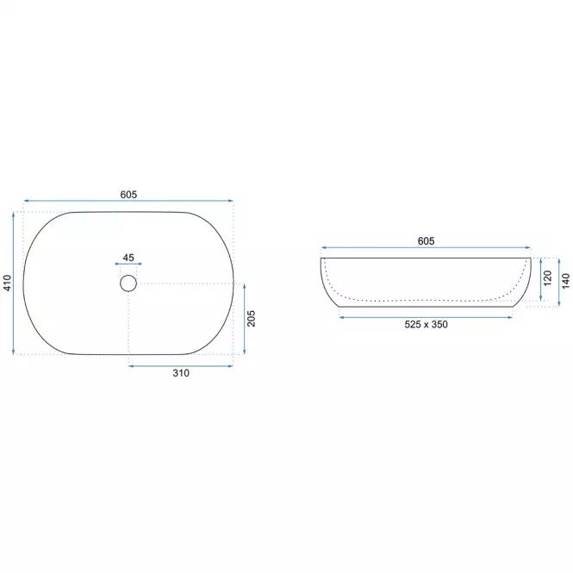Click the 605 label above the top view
point(128,195)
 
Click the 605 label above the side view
point(427,241)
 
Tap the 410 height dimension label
point(7,283)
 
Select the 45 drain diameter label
point(128,258)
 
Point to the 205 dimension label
point(251,319)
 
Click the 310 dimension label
point(181,373)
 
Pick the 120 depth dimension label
point(547,278)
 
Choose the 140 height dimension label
point(566,281)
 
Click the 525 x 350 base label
point(427,325)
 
